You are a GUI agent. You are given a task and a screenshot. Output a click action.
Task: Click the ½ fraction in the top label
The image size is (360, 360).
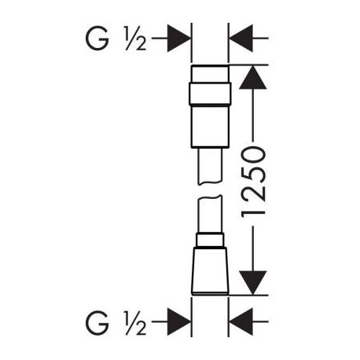(x=136, y=39)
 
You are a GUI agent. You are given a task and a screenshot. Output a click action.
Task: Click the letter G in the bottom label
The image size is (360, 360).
(x=97, y=322)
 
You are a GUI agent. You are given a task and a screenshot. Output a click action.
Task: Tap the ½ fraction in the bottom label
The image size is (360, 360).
(x=136, y=322)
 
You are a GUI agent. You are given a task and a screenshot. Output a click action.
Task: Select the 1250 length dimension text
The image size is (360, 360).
(x=253, y=182)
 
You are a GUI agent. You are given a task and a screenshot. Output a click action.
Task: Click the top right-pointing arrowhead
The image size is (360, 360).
(x=179, y=39)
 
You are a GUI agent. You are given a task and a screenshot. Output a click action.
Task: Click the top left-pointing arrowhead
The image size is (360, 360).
(x=241, y=39)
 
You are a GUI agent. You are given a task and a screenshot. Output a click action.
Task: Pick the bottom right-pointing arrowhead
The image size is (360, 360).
(x=179, y=322)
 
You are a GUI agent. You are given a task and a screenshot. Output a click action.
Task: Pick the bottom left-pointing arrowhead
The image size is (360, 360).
(x=241, y=322)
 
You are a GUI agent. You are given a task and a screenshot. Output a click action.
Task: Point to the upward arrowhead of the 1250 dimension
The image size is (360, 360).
(x=253, y=78)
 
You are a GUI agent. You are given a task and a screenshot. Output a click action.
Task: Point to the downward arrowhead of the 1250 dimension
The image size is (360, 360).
(x=253, y=283)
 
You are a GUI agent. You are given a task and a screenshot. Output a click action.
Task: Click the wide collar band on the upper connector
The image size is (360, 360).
(x=210, y=94)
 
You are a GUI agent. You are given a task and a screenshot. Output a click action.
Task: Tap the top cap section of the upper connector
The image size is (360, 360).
(x=210, y=73)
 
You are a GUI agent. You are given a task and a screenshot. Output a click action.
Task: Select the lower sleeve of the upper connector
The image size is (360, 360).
(x=210, y=127)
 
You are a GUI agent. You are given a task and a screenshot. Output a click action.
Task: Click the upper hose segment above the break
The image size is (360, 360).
(x=210, y=166)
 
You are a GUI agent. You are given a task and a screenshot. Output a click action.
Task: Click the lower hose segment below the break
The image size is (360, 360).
(x=210, y=214)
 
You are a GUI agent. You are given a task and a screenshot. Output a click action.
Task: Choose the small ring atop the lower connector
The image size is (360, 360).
(x=210, y=240)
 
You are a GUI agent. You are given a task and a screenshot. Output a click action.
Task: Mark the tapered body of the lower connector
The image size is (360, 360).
(x=210, y=271)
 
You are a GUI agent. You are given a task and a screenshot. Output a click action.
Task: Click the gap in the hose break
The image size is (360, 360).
(x=210, y=189)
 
